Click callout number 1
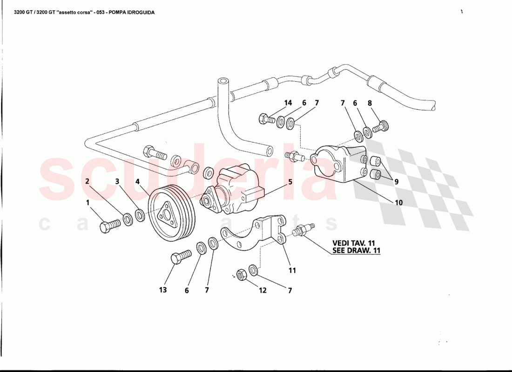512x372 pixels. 87,202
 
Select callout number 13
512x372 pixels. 162,290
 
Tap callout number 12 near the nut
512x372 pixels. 263,290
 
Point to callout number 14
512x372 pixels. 288,103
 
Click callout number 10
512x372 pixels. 399,203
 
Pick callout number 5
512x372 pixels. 290,182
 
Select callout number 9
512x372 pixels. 396,182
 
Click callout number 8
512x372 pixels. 370,103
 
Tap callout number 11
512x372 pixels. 292,270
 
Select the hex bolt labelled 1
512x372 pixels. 109,226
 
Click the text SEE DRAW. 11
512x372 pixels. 356,250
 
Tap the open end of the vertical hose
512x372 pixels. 223,82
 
